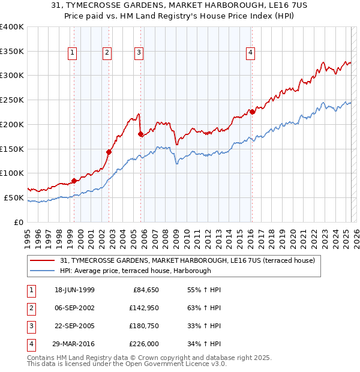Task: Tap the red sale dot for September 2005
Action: (140, 134)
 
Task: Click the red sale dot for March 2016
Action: (253, 112)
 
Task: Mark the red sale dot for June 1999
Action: (74, 181)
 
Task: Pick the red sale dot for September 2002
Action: (109, 152)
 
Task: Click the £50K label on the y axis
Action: (14, 197)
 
